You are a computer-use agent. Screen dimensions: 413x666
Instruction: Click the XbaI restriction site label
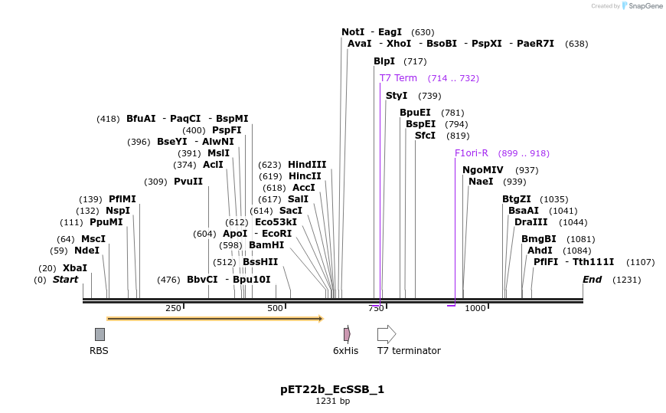tap(74, 268)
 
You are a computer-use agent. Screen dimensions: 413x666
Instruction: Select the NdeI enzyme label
tap(87, 251)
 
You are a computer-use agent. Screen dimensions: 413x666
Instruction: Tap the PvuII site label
tap(188, 182)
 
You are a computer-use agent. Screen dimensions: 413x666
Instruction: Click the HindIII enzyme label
tap(307, 165)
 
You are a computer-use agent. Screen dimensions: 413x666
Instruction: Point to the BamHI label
tap(266, 245)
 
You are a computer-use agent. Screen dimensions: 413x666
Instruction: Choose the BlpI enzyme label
tap(384, 61)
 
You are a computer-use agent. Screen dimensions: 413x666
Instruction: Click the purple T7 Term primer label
tap(398, 78)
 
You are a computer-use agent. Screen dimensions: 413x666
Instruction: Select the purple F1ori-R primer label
tap(471, 153)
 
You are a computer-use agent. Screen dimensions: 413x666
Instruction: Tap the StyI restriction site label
tap(397, 96)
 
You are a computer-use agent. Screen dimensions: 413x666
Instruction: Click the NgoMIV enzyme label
tap(482, 170)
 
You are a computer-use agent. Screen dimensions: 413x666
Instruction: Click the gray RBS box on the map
tap(100, 334)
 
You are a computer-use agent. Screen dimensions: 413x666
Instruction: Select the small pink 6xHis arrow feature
tap(347, 334)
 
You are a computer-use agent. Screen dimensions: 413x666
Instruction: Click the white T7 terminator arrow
tap(387, 334)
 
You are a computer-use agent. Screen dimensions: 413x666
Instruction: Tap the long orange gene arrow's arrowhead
tap(320, 318)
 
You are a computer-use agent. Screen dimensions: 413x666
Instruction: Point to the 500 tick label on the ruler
tap(275, 308)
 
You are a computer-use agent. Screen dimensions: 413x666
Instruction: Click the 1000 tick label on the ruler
tap(475, 308)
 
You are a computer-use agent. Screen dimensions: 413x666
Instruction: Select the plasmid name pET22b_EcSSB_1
tap(332, 389)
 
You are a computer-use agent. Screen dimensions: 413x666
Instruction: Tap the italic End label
tap(592, 280)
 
